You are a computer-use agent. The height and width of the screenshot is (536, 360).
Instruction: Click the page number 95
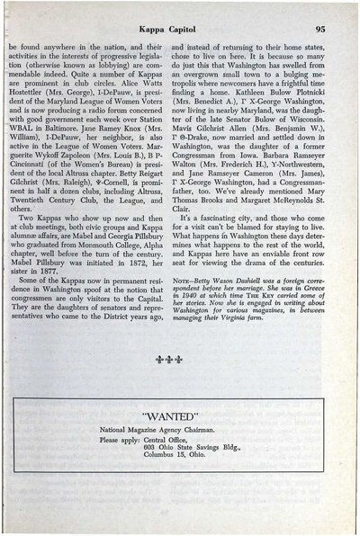(x=331, y=29)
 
